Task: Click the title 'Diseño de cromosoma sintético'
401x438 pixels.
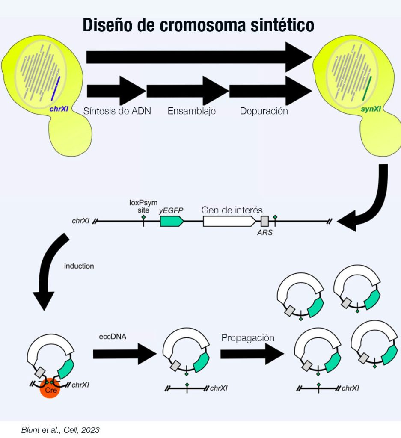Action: pyautogui.click(x=198, y=25)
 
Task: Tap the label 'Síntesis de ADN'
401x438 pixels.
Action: pyautogui.click(x=117, y=111)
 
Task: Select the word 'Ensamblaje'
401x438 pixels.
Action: pyautogui.click(x=191, y=111)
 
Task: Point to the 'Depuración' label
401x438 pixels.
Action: pyautogui.click(x=264, y=111)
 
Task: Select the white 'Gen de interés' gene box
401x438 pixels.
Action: pyautogui.click(x=229, y=221)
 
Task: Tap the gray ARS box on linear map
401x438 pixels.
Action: pyautogui.click(x=265, y=221)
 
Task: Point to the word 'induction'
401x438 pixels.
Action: pyautogui.click(x=79, y=266)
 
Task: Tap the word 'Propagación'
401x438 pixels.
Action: pyautogui.click(x=247, y=337)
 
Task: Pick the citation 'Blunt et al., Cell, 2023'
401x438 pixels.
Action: pyautogui.click(x=60, y=430)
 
